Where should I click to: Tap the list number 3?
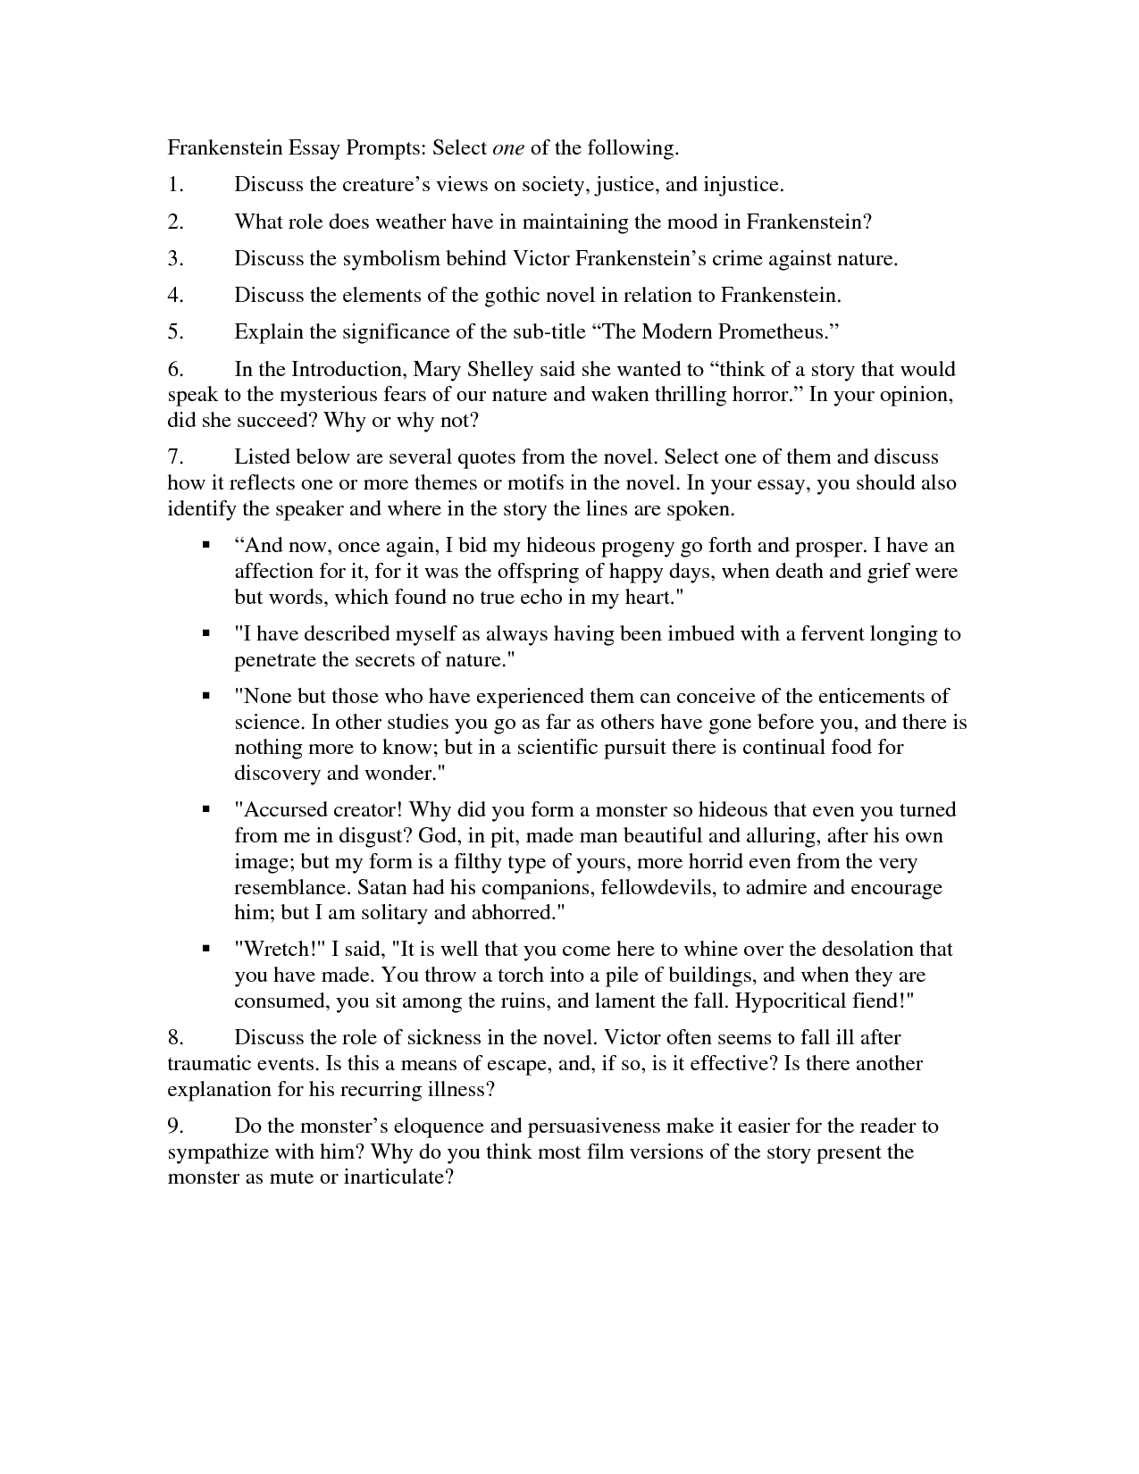pos(175,259)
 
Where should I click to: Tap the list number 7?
pos(175,457)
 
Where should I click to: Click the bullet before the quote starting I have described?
pos(206,633)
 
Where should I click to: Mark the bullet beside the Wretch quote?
pos(206,949)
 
